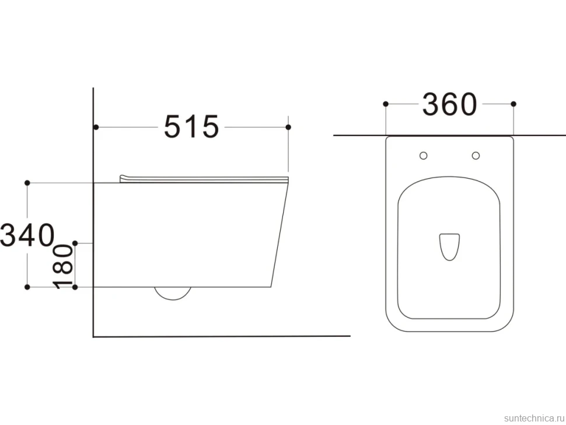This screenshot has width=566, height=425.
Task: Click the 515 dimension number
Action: click(191, 127)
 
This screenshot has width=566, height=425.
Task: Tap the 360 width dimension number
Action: click(450, 104)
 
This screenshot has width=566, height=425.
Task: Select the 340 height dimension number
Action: click(27, 235)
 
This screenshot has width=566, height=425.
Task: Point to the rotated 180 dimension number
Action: click(63, 266)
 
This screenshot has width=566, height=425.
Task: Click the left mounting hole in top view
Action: click(424, 156)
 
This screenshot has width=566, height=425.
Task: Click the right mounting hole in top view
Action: click(476, 156)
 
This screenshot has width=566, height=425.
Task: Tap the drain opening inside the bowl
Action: click(449, 247)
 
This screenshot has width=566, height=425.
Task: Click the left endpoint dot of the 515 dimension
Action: click(96, 127)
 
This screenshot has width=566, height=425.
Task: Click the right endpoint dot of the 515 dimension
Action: click(288, 127)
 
